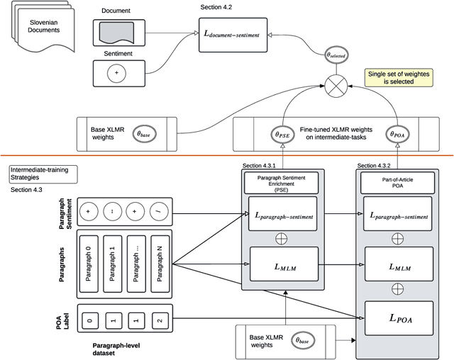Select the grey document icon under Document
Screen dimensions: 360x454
coord(118,31)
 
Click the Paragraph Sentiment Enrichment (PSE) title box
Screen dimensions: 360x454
coord(284,181)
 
